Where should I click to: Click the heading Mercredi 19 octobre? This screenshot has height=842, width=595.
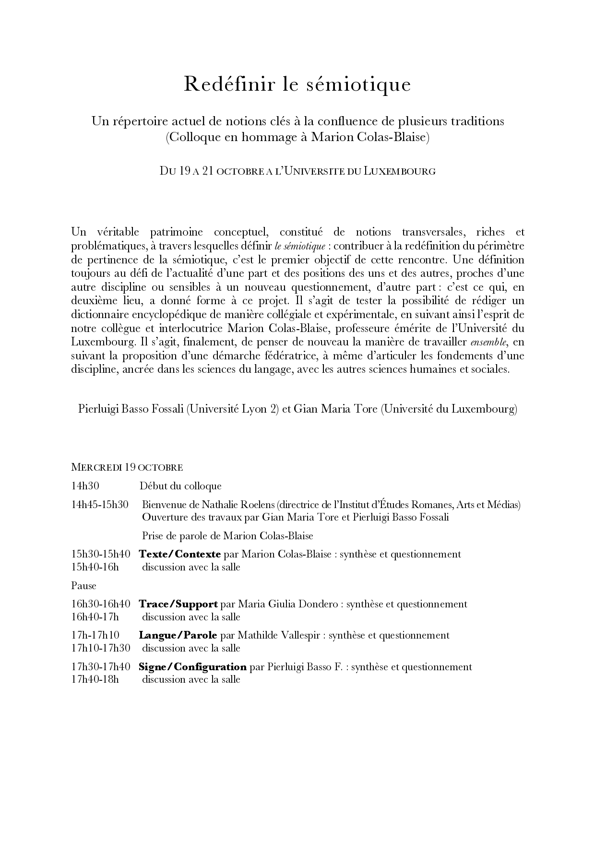127,467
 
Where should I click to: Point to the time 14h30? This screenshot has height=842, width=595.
85,486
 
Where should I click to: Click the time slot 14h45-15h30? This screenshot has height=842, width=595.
100,505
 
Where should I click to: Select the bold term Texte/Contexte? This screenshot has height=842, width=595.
179,554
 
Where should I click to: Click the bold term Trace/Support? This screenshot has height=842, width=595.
178,604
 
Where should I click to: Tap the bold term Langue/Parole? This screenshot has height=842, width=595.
178,635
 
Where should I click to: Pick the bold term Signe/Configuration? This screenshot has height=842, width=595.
192,667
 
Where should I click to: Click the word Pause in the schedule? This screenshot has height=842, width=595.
83,586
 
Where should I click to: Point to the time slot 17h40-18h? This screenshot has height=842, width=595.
95,680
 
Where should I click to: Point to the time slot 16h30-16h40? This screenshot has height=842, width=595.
101,604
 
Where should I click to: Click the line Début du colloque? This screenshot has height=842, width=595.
180,486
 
